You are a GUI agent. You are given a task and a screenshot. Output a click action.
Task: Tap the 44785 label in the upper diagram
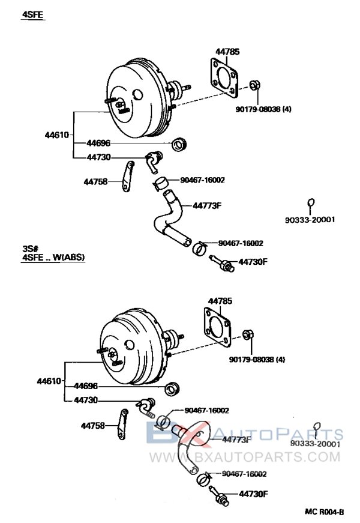[x=227, y=52]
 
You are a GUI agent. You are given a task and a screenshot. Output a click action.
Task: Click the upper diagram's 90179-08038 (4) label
[x=262, y=109]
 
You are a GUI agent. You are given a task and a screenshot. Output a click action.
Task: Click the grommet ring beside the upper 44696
[x=178, y=144]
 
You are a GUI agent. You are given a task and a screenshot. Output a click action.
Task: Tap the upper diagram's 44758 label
[x=95, y=180]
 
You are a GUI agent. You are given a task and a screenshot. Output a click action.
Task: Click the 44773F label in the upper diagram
[x=207, y=205]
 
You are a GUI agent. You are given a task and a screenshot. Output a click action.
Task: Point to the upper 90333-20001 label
[x=310, y=219]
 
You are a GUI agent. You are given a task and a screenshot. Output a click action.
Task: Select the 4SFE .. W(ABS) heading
[x=53, y=258]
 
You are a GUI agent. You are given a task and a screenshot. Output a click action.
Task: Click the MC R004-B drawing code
[x=324, y=512]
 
